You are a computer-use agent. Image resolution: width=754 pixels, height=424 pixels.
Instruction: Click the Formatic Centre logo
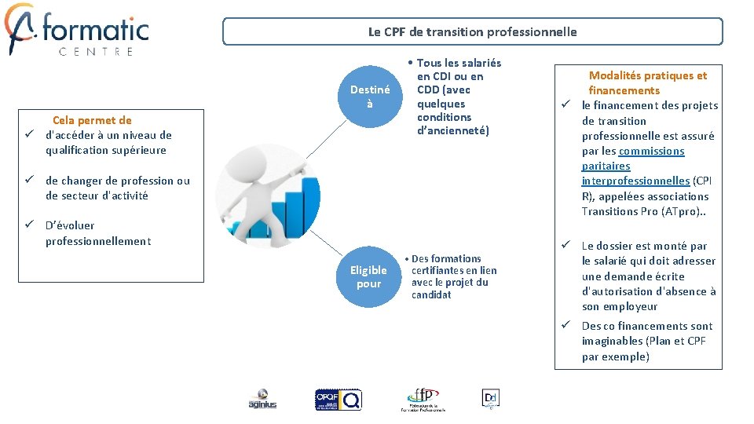[76, 30]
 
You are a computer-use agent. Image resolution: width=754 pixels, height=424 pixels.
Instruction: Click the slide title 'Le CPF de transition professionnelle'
[472, 32]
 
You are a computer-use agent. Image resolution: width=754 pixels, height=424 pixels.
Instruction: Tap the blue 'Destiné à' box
[369, 97]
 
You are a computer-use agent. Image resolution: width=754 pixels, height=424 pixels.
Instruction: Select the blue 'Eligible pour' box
[368, 277]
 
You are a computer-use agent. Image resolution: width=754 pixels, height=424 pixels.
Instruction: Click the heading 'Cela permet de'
[92, 120]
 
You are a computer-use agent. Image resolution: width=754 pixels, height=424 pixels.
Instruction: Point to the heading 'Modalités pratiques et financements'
[647, 82]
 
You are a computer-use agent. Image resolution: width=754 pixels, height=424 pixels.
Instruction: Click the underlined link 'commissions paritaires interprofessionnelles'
[635, 166]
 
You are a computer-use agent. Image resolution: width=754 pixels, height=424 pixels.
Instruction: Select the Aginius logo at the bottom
[262, 399]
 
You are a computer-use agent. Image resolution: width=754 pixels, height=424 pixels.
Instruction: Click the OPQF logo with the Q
[338, 399]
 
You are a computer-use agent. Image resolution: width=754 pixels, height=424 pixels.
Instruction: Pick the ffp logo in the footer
[423, 399]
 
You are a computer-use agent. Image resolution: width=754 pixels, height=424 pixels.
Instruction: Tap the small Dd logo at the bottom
[490, 398]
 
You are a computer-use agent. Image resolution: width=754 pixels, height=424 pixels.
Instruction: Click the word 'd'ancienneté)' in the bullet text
[453, 131]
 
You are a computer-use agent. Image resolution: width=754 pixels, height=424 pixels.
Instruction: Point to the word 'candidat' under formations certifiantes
[431, 294]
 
